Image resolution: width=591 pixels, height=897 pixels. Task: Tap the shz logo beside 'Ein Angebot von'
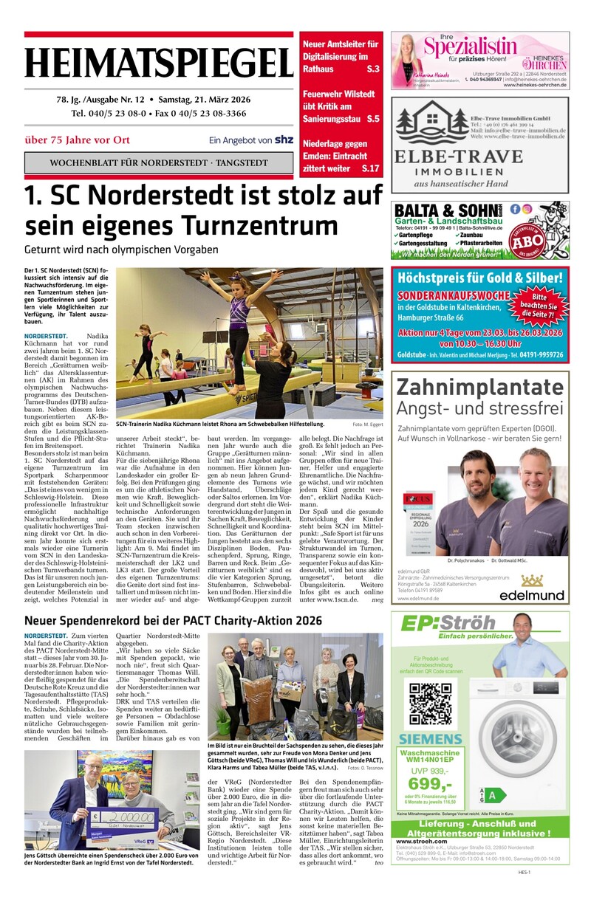pyautogui.click(x=283, y=140)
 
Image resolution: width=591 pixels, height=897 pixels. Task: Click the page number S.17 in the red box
pyautogui.click(x=370, y=169)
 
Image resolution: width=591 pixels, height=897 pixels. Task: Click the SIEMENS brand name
pyautogui.click(x=431, y=739)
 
